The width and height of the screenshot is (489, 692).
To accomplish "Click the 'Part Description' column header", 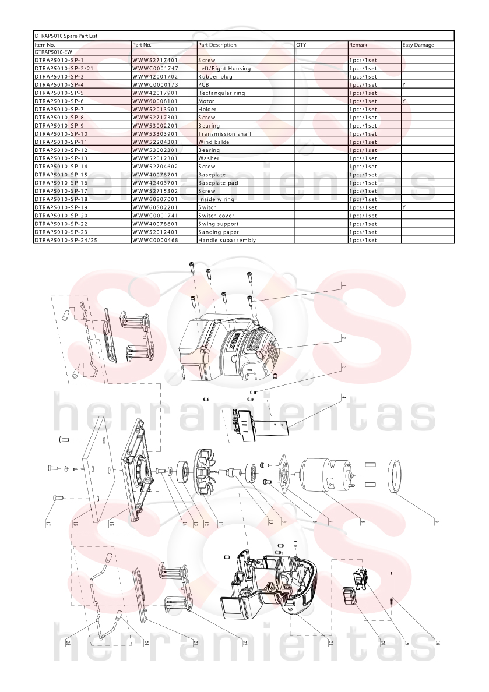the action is pyautogui.click(x=217, y=45).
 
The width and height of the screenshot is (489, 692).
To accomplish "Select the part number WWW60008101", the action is pyautogui.click(x=155, y=101).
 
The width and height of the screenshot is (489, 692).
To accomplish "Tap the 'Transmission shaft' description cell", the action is pyautogui.click(x=225, y=134).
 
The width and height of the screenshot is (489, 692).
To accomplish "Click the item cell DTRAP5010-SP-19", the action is pyautogui.click(x=61, y=207).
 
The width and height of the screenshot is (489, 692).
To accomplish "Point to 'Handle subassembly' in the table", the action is pyautogui.click(x=227, y=240).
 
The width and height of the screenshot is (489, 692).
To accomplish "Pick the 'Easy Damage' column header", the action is pyautogui.click(x=418, y=45).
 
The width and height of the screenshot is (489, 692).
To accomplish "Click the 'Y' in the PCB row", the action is pyautogui.click(x=404, y=84).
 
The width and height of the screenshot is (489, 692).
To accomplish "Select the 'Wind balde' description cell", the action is pyautogui.click(x=214, y=142).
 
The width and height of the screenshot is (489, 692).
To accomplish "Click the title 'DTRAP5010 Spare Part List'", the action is pyautogui.click(x=66, y=36).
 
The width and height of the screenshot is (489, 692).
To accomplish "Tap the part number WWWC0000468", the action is pyautogui.click(x=155, y=240).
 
